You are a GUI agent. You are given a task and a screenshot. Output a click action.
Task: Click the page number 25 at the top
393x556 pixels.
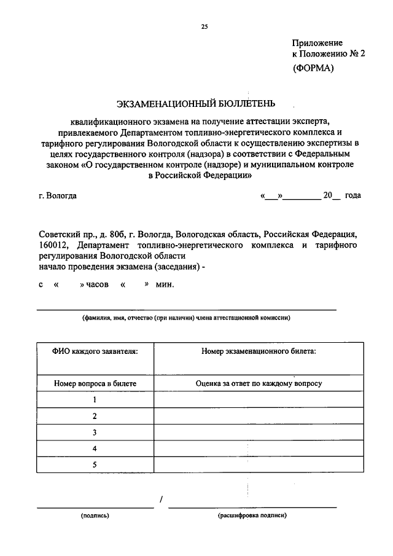204,26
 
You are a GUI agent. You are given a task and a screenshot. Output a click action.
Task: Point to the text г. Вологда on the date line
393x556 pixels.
58,196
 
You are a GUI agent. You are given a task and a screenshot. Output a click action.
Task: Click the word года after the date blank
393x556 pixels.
352,196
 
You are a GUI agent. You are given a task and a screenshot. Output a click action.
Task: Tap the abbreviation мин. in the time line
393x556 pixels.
165,284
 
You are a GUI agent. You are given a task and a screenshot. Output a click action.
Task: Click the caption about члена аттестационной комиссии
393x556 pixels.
187,318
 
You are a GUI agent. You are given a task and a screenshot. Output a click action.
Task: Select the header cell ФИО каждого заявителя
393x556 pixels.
95,351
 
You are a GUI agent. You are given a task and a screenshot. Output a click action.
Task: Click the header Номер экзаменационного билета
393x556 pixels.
259,351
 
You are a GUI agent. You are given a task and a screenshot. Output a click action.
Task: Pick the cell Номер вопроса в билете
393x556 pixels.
95,383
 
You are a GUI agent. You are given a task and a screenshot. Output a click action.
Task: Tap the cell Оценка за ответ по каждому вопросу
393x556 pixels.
259,383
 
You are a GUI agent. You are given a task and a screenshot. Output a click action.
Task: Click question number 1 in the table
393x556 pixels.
95,399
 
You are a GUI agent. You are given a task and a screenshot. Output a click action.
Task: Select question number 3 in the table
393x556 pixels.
95,433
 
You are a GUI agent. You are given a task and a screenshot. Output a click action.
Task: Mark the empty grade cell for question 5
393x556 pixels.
259,465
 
